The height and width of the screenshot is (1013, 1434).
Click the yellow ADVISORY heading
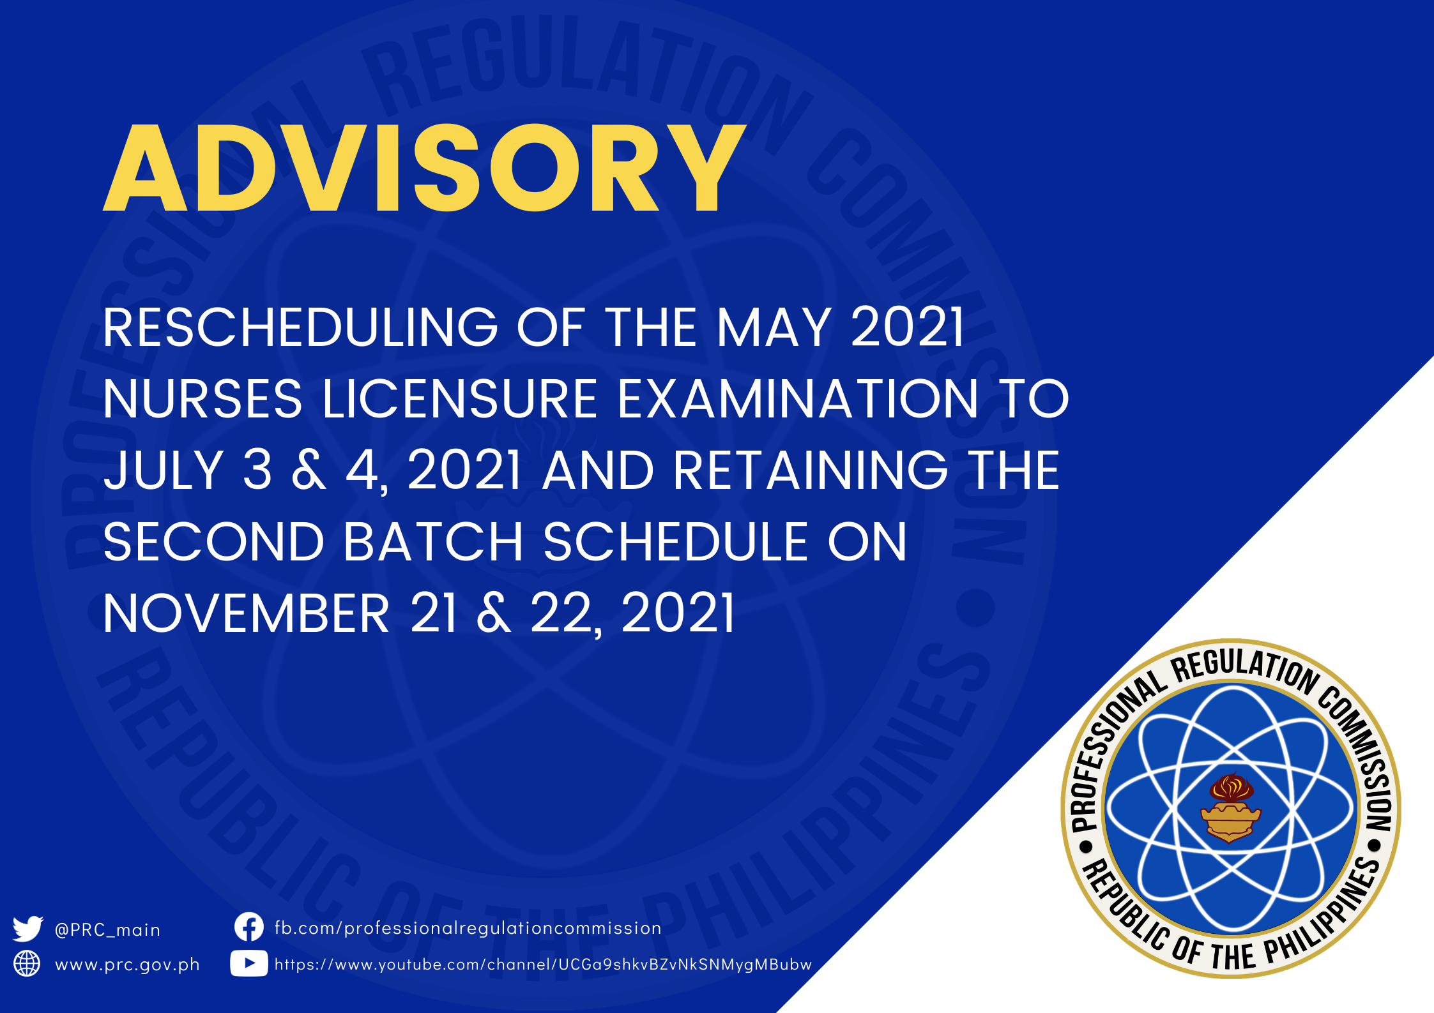tap(425, 168)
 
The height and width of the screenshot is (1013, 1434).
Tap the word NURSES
tap(202, 399)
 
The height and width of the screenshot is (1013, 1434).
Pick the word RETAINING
tap(811, 470)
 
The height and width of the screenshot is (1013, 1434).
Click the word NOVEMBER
tap(247, 613)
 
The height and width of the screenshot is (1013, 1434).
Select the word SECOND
tap(214, 542)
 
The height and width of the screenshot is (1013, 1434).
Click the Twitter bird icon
tap(27, 929)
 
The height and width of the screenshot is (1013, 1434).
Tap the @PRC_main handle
tap(107, 930)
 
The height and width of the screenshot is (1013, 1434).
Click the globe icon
tap(27, 964)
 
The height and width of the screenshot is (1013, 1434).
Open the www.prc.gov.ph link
tap(127, 964)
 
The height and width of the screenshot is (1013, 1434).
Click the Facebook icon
tap(248, 927)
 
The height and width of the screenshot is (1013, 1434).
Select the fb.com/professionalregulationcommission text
tap(468, 928)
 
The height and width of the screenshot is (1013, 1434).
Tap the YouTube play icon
tap(248, 964)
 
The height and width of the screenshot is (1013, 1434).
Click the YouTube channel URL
tap(543, 964)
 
